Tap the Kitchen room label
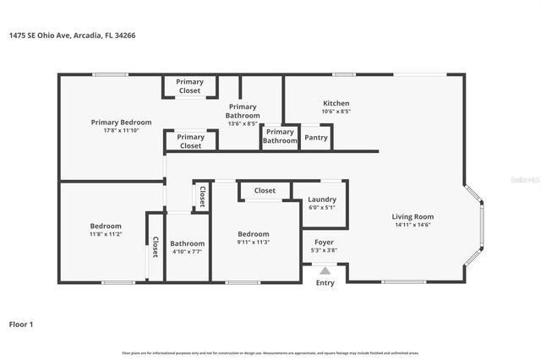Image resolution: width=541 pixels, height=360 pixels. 336,103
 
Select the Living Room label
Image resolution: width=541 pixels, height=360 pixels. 413,216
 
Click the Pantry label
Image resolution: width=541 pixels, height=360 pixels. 315,137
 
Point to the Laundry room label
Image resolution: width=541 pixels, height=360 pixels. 322,199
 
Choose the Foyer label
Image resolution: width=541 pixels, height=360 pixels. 324,242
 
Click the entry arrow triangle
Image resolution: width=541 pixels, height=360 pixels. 325,270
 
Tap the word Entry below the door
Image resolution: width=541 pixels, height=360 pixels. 325,282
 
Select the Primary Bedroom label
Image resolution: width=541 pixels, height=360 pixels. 121,122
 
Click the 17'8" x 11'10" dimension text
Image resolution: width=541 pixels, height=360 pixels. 121,130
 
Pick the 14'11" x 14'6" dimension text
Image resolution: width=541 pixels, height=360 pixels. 413,225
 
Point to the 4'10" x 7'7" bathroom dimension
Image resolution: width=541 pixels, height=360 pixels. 187,251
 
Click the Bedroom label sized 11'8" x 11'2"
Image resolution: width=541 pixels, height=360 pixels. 106,226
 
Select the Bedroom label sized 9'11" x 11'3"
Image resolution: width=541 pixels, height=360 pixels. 254,233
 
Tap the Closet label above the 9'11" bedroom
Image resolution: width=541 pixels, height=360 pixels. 265,191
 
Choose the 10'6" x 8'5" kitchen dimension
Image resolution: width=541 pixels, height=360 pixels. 336,112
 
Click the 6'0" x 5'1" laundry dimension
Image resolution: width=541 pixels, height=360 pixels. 322,208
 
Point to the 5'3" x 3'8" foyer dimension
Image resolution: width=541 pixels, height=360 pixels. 324,250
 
